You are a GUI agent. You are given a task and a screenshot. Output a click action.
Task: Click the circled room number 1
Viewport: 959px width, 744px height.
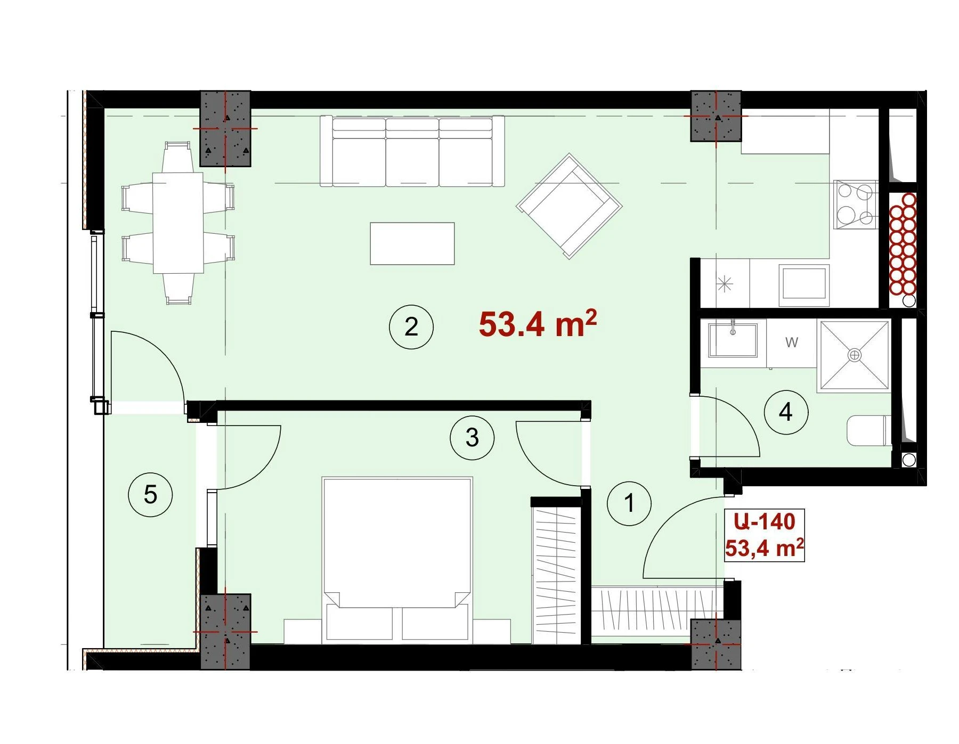click(x=629, y=503)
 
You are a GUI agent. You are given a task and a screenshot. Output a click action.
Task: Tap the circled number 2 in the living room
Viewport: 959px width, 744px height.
click(x=411, y=326)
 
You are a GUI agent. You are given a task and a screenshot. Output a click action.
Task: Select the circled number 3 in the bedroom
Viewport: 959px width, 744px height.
click(x=472, y=438)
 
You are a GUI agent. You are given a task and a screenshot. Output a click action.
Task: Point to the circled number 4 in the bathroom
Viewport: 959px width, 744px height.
click(x=786, y=412)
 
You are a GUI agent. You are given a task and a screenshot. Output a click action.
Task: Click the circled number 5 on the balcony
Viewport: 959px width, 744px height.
click(x=150, y=494)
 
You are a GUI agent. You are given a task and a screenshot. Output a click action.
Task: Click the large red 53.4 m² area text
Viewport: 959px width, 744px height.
click(x=537, y=323)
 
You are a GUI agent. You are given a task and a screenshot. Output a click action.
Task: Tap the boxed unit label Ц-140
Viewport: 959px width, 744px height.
click(x=765, y=521)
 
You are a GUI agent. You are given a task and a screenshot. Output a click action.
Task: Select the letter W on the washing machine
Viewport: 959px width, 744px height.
click(x=792, y=342)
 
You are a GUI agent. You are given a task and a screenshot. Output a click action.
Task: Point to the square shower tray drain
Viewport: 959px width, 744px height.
click(x=854, y=355)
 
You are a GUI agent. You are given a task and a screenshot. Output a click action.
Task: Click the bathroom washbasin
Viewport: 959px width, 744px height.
click(x=733, y=340)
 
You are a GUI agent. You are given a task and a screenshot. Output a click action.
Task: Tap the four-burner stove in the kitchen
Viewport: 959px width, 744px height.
click(x=855, y=205)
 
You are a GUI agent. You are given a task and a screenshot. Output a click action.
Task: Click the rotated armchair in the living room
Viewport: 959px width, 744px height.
click(x=569, y=206)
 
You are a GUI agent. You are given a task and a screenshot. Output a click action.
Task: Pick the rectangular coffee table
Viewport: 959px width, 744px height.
click(x=412, y=243)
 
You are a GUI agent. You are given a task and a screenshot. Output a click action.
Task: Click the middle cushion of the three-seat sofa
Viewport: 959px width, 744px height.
click(x=412, y=152)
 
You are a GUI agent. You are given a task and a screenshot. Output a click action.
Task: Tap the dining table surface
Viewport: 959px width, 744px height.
click(x=178, y=223)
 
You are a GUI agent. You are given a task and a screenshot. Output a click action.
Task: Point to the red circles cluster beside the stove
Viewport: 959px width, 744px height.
click(x=903, y=244)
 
